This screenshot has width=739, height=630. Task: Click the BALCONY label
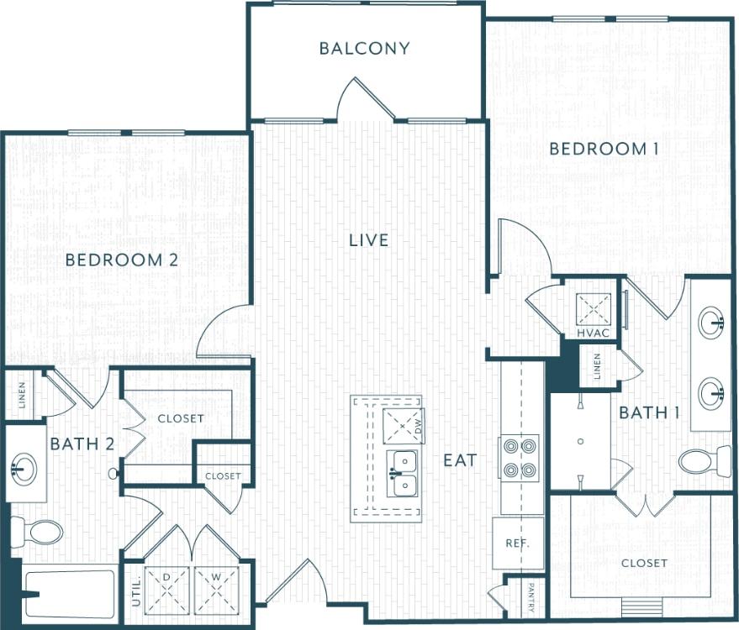364,48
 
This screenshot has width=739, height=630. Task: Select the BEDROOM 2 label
122,260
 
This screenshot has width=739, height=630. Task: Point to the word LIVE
369,240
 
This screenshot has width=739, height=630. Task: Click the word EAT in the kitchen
460,460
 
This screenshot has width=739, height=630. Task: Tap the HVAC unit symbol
594,309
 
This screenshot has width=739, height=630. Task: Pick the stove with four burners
519,458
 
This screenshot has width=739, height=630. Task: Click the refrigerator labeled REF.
517,543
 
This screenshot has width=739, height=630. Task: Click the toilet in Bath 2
37,532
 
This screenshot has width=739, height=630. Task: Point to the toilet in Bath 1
702,461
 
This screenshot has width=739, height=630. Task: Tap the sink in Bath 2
24,465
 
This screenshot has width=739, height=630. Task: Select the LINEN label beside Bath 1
597,366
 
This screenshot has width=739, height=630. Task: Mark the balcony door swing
364,100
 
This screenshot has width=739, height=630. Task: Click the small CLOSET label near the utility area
223,476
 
